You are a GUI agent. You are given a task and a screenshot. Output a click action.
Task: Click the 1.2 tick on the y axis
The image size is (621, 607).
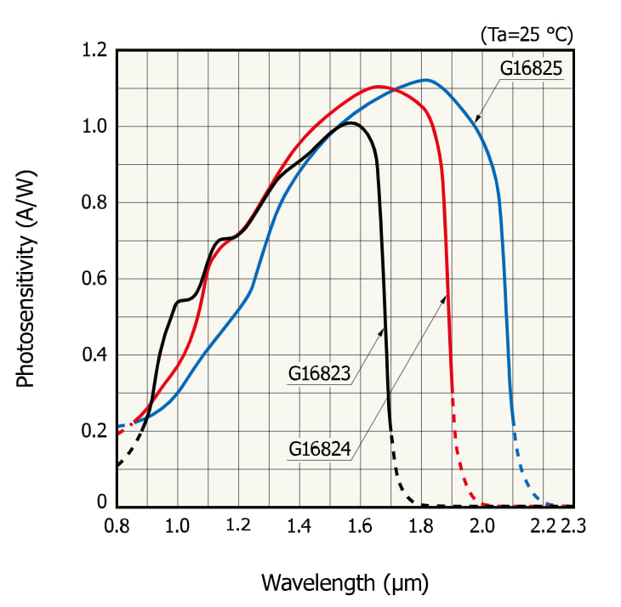pos(94,51)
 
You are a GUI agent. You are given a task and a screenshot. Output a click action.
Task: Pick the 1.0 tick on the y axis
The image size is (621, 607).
pos(94,127)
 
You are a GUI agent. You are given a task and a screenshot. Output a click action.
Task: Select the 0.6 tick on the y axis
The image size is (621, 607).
pos(94,279)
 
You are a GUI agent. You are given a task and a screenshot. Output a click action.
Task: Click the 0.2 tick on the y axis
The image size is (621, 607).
pos(94,431)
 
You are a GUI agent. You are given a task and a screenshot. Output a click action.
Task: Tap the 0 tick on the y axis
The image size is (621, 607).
pos(101,503)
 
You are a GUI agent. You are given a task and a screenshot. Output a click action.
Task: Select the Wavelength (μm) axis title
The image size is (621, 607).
pos(344,583)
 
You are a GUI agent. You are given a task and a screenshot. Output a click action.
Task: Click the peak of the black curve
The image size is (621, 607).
pos(350,123)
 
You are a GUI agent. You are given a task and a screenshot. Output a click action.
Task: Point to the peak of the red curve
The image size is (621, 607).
pos(377,86)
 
